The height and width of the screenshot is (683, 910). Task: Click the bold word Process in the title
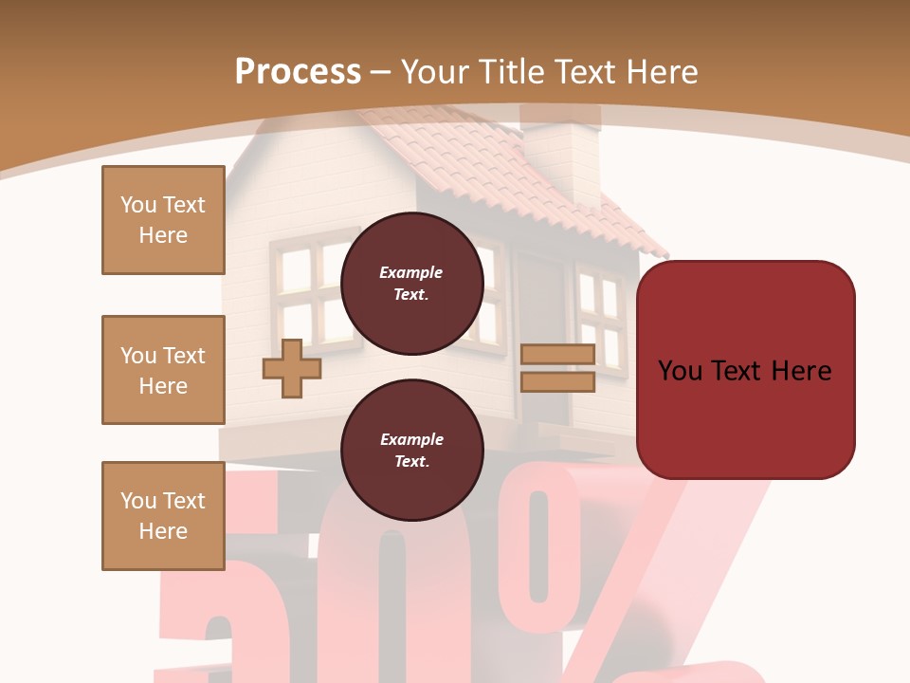coord(298,72)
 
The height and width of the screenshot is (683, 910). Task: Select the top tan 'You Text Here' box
coord(163,220)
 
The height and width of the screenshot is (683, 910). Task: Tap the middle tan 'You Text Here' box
coord(163,370)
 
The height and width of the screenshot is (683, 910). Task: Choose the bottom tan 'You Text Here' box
coord(163,516)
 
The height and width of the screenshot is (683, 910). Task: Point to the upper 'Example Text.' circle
coord(411,283)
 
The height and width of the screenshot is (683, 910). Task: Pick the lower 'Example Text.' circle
coord(411,450)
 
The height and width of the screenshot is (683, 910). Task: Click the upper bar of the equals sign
coord(557,355)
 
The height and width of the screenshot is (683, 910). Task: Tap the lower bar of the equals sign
coord(557,381)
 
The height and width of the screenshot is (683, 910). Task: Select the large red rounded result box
coord(745,370)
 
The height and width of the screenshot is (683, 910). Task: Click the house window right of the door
coord(600,318)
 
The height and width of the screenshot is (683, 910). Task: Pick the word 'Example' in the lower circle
coord(411,439)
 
